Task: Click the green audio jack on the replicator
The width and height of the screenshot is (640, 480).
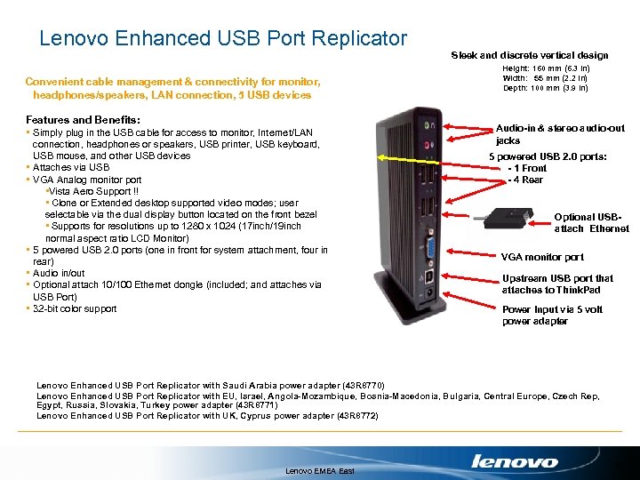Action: tap(429, 126)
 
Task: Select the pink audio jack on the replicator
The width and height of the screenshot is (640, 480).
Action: tap(429, 142)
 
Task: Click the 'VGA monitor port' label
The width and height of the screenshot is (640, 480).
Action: tap(542, 257)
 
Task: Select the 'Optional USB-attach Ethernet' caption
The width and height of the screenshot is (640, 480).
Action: tap(590, 222)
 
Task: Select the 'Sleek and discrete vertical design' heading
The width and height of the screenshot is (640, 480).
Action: tap(529, 55)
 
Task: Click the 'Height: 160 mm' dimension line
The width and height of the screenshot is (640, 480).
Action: tap(545, 68)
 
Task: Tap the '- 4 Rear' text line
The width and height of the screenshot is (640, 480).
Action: tap(526, 180)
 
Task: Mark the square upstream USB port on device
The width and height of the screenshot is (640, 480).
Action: tap(429, 276)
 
